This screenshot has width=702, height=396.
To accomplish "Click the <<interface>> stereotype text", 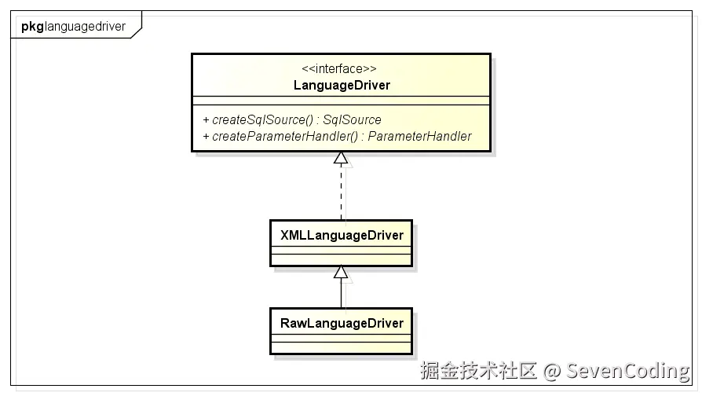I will coord(341,69).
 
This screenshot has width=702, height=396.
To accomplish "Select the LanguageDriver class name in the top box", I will coord(341,85).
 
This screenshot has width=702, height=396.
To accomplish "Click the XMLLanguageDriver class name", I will coord(341,235).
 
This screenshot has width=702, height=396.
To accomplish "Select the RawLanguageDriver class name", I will coord(341,323).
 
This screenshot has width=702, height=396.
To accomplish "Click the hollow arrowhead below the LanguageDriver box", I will coord(341,158).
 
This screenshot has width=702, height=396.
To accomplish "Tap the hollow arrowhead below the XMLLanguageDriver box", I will coord(341,272).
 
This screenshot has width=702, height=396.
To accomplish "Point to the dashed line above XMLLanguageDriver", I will coord(341,192).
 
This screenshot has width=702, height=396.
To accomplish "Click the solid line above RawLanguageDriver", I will coord(341,293).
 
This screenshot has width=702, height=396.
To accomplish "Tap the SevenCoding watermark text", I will coord(628,371).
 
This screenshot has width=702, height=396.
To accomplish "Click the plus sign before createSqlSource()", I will coord(206,120).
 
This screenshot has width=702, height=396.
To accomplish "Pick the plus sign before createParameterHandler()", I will coord(206,137).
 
